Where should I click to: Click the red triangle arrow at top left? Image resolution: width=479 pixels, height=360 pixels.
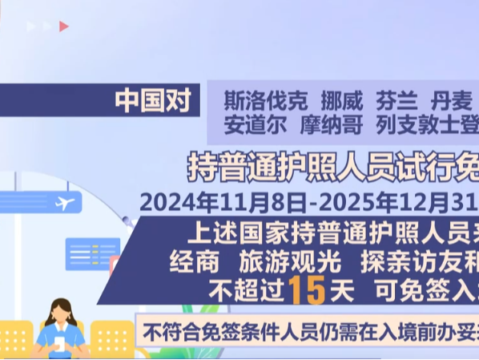click(63, 26)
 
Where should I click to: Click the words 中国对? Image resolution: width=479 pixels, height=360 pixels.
click(151, 101)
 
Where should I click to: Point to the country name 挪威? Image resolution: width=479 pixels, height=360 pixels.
click(342, 102)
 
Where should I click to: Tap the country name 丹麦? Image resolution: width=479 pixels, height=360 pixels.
click(453, 102)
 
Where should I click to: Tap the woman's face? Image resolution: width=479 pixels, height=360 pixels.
click(61, 316)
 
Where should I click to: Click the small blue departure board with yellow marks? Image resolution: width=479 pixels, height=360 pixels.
click(93, 254)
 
